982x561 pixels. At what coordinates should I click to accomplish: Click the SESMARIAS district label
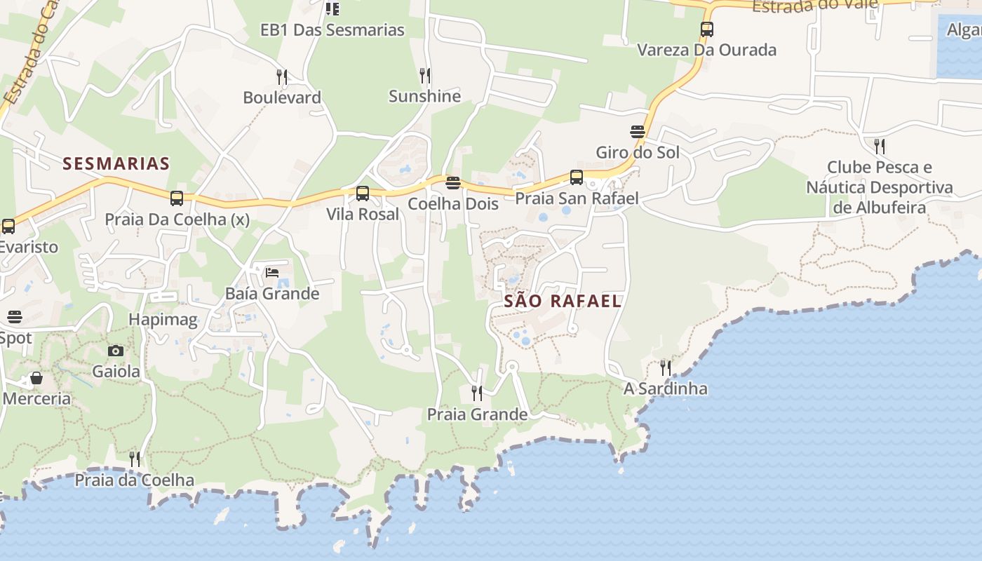coord(116,164)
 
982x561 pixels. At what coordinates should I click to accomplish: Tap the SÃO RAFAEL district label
coord(563,302)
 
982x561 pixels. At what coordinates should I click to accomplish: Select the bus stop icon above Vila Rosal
coord(363,194)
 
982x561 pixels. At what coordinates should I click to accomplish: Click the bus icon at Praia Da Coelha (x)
coord(177,198)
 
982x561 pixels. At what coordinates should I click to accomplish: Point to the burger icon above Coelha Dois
coord(453,184)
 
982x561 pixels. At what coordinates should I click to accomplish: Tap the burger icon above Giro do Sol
coord(637,132)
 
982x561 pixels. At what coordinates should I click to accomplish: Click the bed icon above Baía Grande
coord(272,273)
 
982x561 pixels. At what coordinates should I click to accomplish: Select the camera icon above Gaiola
coord(116,351)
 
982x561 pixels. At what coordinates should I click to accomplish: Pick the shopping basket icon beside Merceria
coord(36,379)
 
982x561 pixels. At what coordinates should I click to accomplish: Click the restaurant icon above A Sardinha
coord(665,367)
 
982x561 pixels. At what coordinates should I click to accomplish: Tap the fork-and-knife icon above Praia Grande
coord(477,393)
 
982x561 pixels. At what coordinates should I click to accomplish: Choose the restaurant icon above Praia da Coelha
coord(134,459)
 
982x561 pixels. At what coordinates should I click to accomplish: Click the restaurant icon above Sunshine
coord(424,75)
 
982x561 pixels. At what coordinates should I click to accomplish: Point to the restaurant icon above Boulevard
coord(282,76)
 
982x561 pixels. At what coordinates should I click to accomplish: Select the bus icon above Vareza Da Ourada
coord(707,29)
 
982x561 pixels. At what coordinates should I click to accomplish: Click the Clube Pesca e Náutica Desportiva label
coord(880,187)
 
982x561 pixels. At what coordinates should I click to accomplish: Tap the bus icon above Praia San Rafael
coord(577,177)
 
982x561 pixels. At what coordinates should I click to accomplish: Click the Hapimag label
coord(163,320)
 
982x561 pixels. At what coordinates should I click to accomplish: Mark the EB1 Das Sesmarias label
coord(332,30)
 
